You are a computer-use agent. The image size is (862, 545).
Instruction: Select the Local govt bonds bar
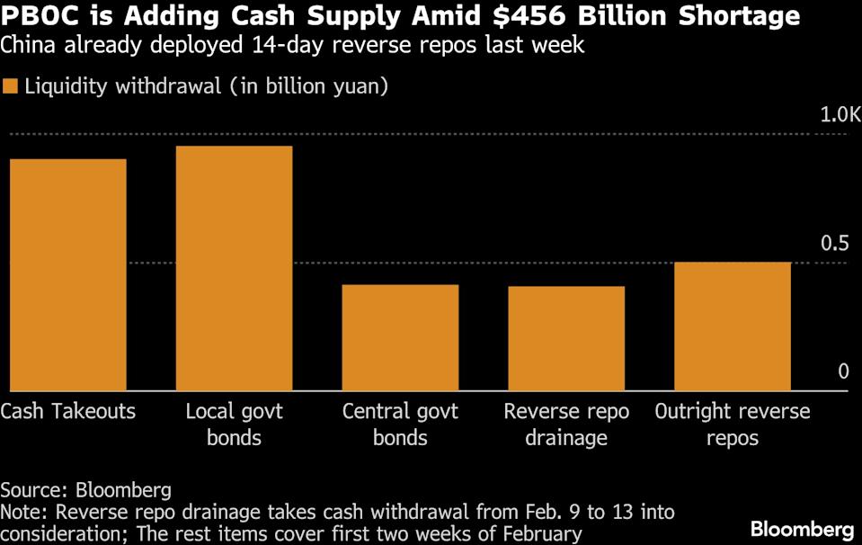point(234,268)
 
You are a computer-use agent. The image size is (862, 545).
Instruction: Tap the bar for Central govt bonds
point(400,337)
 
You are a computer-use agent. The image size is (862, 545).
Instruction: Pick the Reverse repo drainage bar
point(566,338)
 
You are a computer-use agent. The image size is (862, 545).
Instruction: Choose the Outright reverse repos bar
point(733,326)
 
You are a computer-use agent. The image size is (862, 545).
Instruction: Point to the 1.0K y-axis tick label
point(840,115)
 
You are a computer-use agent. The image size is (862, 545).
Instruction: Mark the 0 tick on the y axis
point(842,371)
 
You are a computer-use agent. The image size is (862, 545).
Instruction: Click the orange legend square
point(10,87)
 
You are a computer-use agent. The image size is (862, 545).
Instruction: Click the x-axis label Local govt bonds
point(234,424)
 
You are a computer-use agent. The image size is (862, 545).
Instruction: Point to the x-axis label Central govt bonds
point(400,424)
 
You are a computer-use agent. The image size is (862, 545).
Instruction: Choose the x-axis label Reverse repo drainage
point(566,424)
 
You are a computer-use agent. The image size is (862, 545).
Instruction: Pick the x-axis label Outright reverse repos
point(733,424)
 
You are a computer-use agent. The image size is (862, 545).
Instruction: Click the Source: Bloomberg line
point(85,490)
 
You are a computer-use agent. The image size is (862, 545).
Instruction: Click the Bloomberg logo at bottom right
point(802,528)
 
